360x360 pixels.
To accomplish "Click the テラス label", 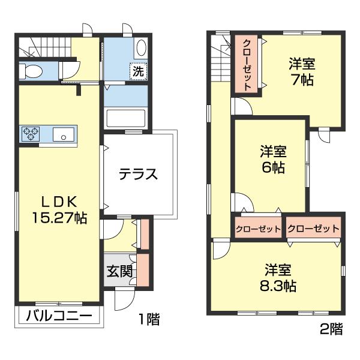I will (x=138, y=175).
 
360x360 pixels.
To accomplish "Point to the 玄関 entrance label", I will (x=120, y=271).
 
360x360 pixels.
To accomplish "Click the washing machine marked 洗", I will (x=139, y=70).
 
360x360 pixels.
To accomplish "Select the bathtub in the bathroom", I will (x=125, y=118).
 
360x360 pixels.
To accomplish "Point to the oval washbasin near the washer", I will (x=141, y=47).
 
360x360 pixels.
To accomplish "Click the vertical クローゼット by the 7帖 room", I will (x=247, y=64).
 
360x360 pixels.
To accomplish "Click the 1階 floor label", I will (x=149, y=319).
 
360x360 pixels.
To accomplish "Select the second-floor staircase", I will (x=220, y=60).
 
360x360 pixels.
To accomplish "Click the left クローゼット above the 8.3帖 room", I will (x=258, y=229).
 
